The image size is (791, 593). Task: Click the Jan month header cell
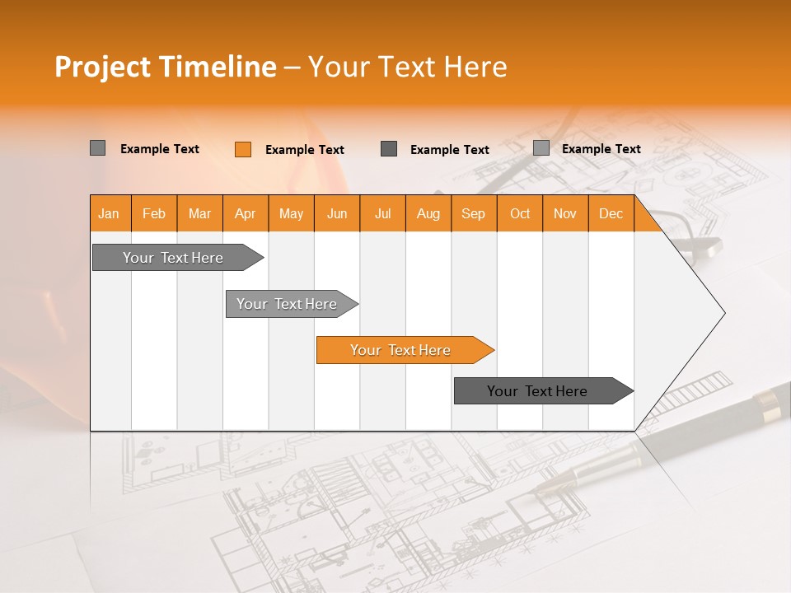pyautogui.click(x=109, y=213)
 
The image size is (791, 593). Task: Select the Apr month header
pyautogui.click(x=246, y=213)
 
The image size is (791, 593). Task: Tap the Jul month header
pyautogui.click(x=382, y=213)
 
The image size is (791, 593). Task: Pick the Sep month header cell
pyautogui.click(x=473, y=213)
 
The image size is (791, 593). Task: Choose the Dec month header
pyautogui.click(x=611, y=213)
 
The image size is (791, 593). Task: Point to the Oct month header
pyautogui.click(x=519, y=213)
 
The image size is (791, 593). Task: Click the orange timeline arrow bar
pyautogui.click(x=404, y=350)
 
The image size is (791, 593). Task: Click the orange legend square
pyautogui.click(x=242, y=149)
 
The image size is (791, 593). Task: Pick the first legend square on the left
pyautogui.click(x=97, y=148)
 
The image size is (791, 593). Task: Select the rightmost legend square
pyautogui.click(x=541, y=148)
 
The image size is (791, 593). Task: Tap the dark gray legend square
pyautogui.click(x=389, y=149)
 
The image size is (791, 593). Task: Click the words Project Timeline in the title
pyautogui.click(x=165, y=67)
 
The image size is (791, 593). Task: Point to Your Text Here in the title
pyautogui.click(x=407, y=67)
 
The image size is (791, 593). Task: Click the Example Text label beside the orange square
pyautogui.click(x=304, y=150)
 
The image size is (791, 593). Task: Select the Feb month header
pyautogui.click(x=154, y=213)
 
